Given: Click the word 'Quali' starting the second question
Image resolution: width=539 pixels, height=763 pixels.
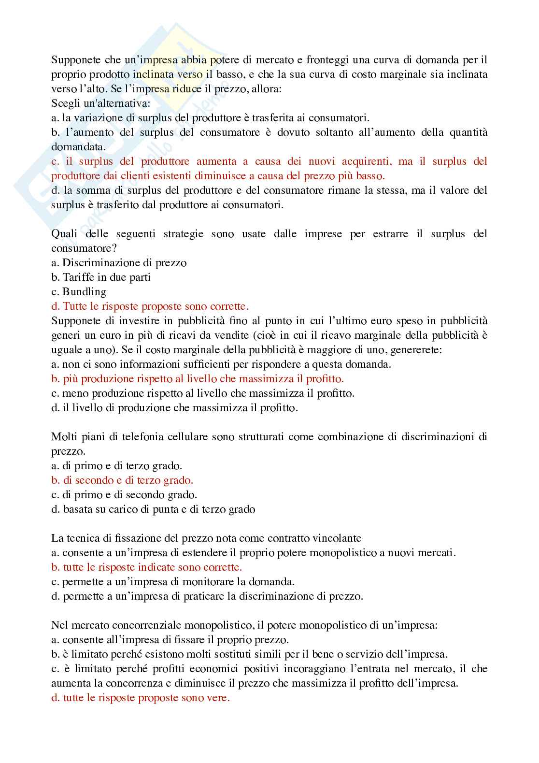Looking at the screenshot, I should point(63,234).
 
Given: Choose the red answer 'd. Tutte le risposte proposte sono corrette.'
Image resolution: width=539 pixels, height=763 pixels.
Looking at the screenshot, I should point(150,306).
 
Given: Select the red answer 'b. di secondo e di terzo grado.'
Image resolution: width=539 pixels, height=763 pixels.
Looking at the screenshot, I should point(122,480).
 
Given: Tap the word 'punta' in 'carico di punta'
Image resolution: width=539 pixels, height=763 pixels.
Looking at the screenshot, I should point(179,509).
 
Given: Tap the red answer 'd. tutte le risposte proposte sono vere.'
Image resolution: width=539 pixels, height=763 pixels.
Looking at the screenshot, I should point(141,698).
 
